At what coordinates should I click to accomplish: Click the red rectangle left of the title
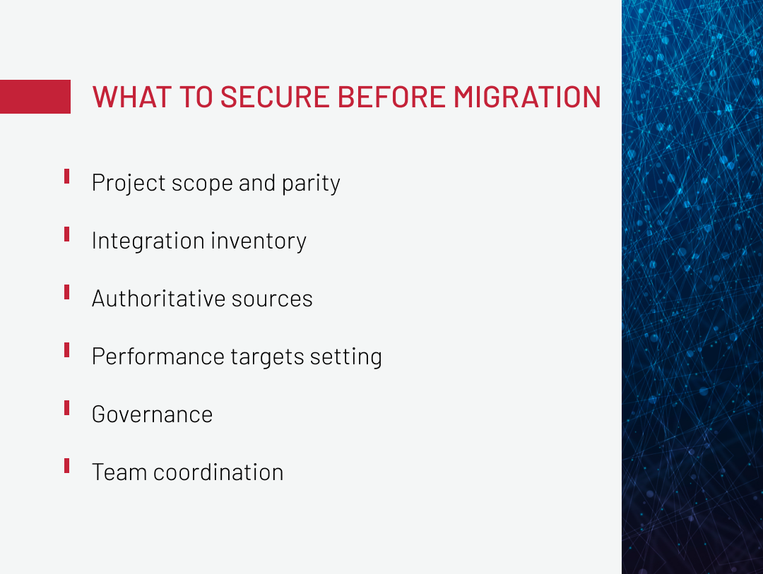click(x=35, y=97)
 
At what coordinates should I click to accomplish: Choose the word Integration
click(x=139, y=241)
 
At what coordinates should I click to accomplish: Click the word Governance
click(x=152, y=414)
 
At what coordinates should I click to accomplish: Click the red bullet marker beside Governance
click(x=66, y=407)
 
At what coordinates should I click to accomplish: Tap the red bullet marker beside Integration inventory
click(x=66, y=234)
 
